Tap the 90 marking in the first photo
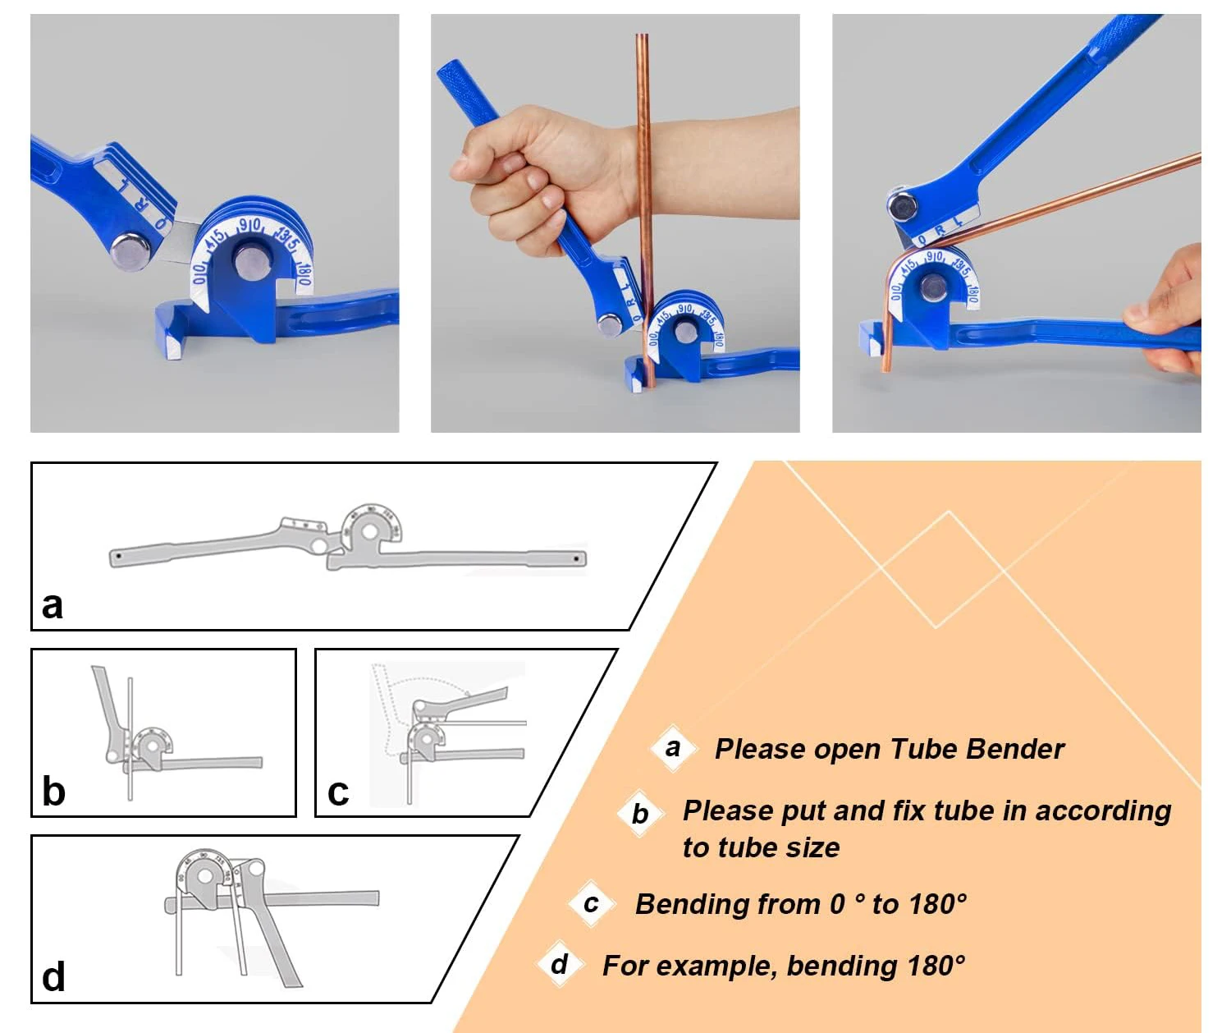pyautogui.click(x=250, y=225)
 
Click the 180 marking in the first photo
pyautogui.click(x=303, y=275)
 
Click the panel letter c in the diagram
pyautogui.click(x=338, y=792)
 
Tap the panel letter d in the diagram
pyautogui.click(x=53, y=976)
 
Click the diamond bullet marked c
pyautogui.click(x=592, y=903)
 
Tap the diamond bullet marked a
pyautogui.click(x=673, y=748)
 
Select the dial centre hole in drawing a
pyautogui.click(x=370, y=531)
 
